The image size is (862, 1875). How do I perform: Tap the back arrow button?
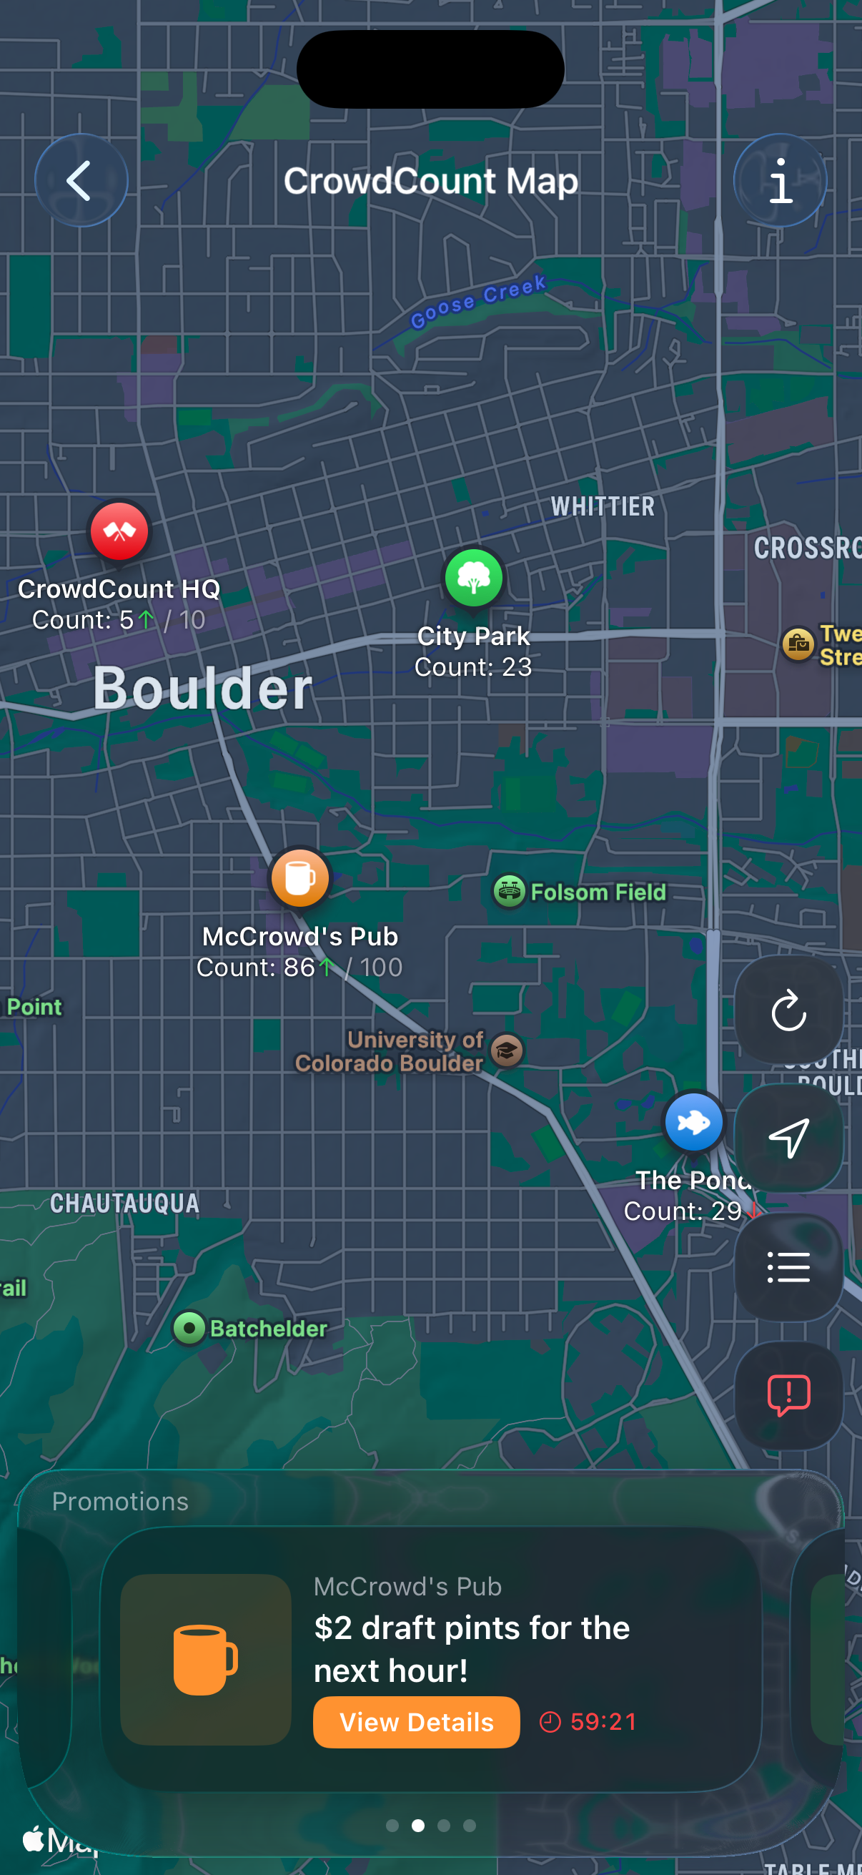[x=81, y=180]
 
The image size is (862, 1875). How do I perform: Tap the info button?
[x=780, y=180]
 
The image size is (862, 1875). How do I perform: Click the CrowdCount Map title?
[x=430, y=181]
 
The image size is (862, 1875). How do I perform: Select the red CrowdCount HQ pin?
[x=119, y=531]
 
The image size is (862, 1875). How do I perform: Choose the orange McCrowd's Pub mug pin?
[x=299, y=879]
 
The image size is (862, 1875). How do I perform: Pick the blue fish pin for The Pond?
[x=693, y=1123]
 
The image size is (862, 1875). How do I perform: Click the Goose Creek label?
[x=478, y=301]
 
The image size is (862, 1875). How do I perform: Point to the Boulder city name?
[x=202, y=689]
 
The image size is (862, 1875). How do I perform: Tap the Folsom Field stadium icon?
[x=509, y=891]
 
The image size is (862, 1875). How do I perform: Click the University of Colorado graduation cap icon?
[x=507, y=1050]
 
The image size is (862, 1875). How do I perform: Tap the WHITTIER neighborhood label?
[x=603, y=506]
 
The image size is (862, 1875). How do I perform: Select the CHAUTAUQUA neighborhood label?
[x=125, y=1204]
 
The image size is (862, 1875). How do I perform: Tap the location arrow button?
[x=788, y=1138]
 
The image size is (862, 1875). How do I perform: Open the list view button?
[x=788, y=1267]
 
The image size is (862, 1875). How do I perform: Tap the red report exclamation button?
[x=788, y=1395]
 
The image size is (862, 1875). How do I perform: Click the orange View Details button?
[x=416, y=1722]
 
